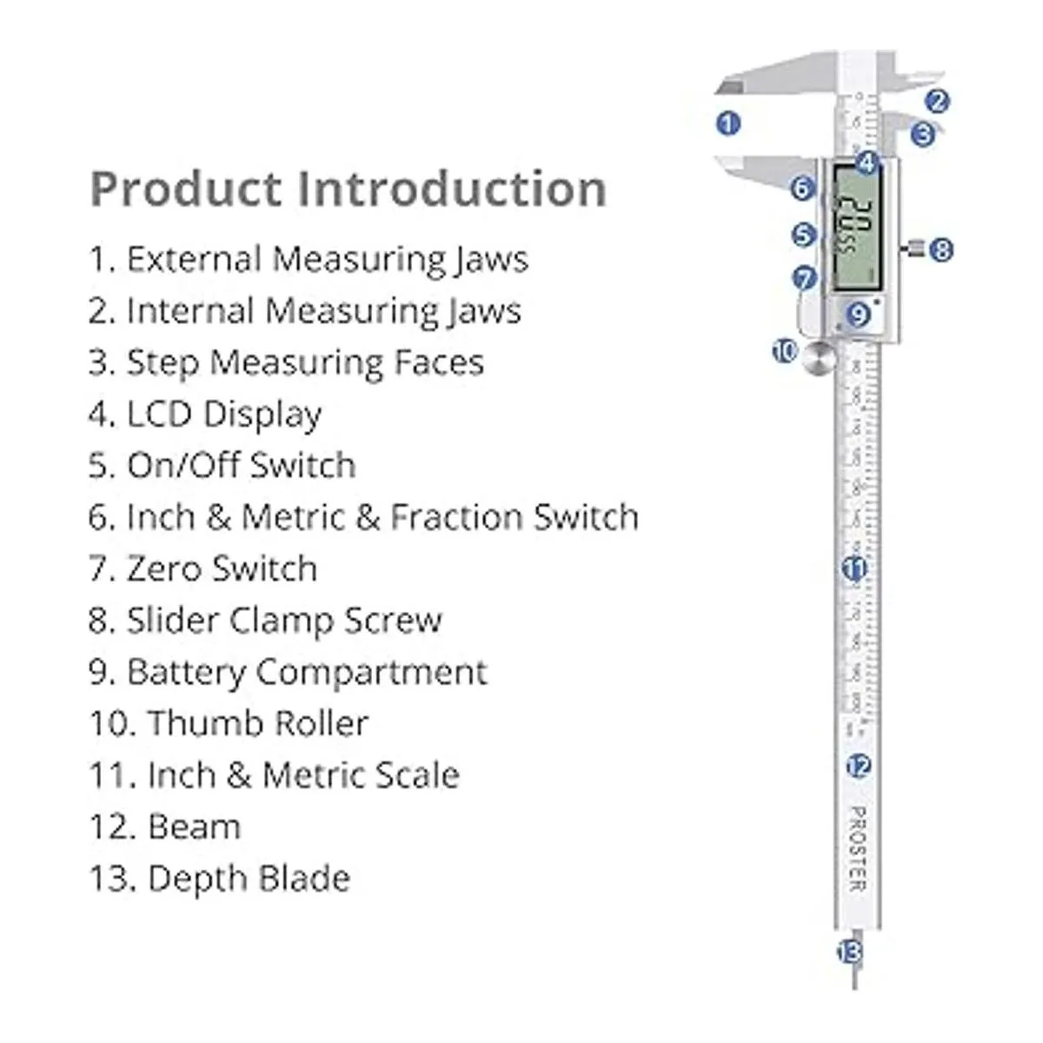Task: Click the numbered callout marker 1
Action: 728,123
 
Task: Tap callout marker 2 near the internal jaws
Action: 936,102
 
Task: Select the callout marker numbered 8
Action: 940,250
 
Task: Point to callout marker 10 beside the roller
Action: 785,351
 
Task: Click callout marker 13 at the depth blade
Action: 849,952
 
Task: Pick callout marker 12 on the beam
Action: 859,766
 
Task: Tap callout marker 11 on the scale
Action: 855,569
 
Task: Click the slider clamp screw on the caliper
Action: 914,250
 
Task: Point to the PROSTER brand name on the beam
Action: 857,848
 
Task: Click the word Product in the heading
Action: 186,189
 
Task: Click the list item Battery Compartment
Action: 288,672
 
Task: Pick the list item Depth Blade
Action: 220,879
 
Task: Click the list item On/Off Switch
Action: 223,466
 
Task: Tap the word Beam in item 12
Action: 194,827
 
